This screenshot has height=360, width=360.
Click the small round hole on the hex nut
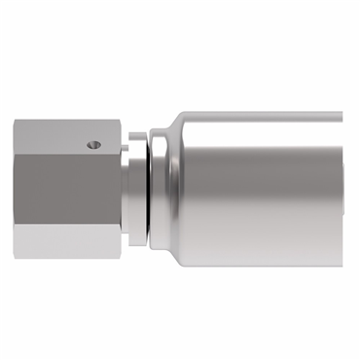point(93,146)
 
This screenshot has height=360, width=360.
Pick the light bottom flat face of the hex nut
point(68,238)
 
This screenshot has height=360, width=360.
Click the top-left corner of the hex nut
point(17,120)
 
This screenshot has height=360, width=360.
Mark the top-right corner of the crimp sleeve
point(341,113)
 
